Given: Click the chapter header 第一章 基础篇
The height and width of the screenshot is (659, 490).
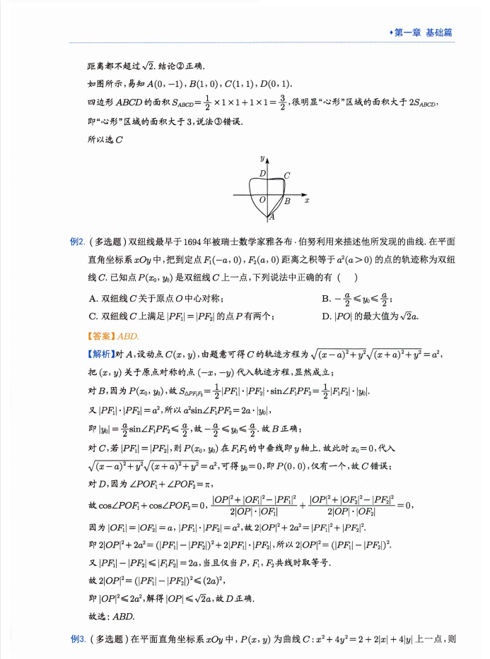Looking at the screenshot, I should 424,32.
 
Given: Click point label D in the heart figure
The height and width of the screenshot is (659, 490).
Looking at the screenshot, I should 262,173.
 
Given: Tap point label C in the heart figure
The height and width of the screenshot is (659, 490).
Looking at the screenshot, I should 286,175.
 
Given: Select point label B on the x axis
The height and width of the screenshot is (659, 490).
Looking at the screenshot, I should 287,201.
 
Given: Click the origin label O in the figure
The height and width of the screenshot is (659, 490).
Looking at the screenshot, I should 262,201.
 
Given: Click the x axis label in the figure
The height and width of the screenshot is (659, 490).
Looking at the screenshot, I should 307,201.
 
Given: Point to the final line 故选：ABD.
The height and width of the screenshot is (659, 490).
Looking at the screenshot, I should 112,616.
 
